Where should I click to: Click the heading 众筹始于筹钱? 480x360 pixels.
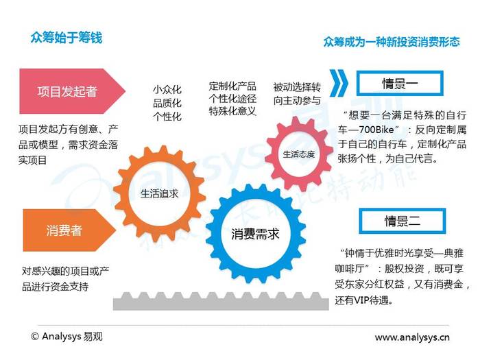[x=66, y=38]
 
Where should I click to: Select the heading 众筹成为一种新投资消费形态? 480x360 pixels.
[x=392, y=42]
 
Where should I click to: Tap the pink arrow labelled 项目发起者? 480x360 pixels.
[x=72, y=91]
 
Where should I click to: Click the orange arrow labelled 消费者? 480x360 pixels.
[x=69, y=230]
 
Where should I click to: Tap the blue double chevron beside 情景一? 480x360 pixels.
[x=339, y=83]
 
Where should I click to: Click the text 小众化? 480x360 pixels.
[x=167, y=90]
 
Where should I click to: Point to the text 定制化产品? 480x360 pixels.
[x=232, y=86]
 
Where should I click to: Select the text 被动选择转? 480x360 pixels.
[x=297, y=87]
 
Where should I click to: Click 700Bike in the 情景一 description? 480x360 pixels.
[x=376, y=130]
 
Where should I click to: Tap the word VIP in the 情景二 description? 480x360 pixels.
[x=361, y=300]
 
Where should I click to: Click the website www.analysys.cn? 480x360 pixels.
[x=412, y=337]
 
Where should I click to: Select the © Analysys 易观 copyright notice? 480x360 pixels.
[x=67, y=337]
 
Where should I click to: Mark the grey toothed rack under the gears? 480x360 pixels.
[x=221, y=302]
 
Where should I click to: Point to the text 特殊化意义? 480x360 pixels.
[x=232, y=111]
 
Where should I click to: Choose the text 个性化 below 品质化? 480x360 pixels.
[x=167, y=117]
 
